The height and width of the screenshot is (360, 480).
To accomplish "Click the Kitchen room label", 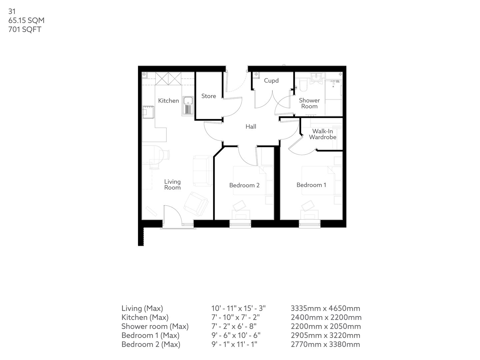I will point(168,101).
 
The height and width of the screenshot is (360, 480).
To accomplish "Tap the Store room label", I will point(209,96).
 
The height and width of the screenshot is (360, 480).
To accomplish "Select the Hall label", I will point(251,127).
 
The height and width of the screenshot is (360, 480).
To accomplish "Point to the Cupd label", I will point(271,81).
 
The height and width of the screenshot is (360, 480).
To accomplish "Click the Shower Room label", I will point(309,103).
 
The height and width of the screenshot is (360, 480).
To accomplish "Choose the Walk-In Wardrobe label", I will point(322,134).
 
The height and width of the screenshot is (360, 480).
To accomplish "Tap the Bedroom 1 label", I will point(311,185).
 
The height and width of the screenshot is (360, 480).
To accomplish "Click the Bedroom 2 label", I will point(244,185).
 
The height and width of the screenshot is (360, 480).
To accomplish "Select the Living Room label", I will point(172,185).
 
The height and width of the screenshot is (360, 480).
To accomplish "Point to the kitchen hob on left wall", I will point(148,112).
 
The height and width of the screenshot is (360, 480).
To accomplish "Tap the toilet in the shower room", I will point(303,85).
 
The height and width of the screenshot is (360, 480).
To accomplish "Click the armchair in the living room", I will point(196,203).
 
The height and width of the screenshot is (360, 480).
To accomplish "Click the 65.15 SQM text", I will point(26,21).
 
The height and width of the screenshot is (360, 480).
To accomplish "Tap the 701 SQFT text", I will point(25,30).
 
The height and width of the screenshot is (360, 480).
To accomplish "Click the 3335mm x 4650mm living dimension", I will point(325,308).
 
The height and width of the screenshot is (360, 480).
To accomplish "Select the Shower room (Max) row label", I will point(155,326).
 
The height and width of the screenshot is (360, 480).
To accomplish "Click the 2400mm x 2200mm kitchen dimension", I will point(326,317).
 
